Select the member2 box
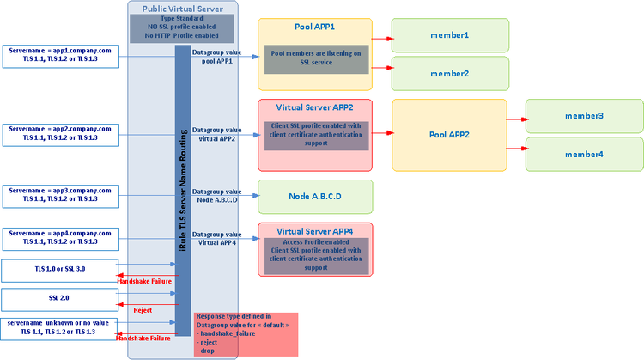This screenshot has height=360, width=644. coord(449,73)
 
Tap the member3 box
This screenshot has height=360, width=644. coord(583,115)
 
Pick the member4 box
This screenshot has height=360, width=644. coord(583,154)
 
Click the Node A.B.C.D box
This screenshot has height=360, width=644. coord(315,197)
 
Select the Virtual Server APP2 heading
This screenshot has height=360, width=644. coord(314,107)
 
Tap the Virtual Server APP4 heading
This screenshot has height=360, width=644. coord(315,230)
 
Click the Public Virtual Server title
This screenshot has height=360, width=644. coord(183,8)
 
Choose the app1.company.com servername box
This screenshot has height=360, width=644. coord(59,57)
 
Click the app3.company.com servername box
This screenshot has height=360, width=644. coord(59,194)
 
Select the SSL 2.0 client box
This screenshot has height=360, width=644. coord(59,299)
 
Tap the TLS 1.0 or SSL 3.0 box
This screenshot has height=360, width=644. coord(59,272)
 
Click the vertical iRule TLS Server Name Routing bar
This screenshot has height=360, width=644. coord(182,189)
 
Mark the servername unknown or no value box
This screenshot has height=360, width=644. coord(59,327)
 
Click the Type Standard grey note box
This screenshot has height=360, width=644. coord(183,28)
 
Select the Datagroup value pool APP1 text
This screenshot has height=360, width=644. coord(216,57)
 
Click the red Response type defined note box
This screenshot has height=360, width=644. coord(246,334)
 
